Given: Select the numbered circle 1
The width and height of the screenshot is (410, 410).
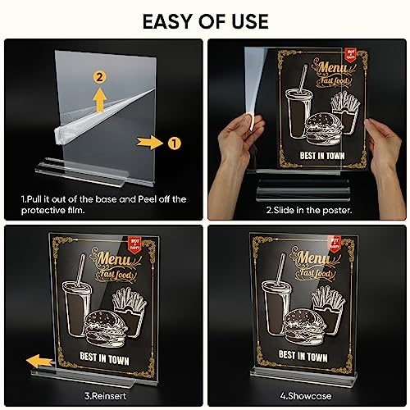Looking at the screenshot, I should click(x=173, y=141).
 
